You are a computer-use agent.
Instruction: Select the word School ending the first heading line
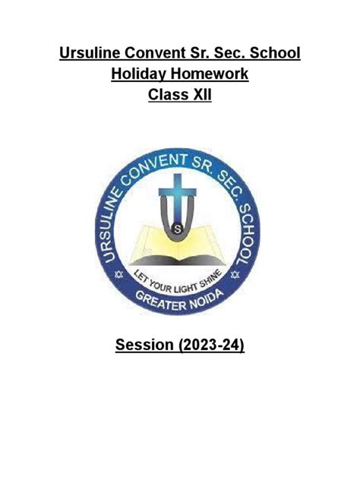[273, 54]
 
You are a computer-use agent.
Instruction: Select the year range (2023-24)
[212, 346]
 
